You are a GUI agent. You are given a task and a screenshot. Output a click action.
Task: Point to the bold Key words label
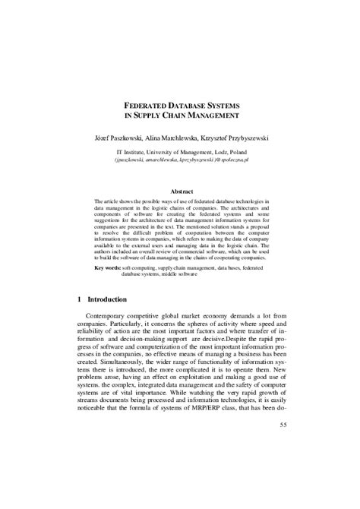pos(107,268)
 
